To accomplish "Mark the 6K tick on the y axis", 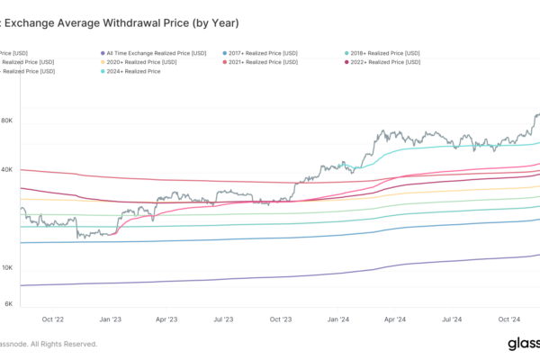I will (8, 304).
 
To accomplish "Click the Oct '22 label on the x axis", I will (53, 319).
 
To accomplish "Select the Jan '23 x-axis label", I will (111, 319).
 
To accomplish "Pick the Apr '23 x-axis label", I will (167, 319).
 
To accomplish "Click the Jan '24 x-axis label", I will (338, 319).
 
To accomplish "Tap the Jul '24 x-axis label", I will (452, 319).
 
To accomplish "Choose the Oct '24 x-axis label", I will (509, 319).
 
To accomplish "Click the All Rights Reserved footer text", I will (64, 344).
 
